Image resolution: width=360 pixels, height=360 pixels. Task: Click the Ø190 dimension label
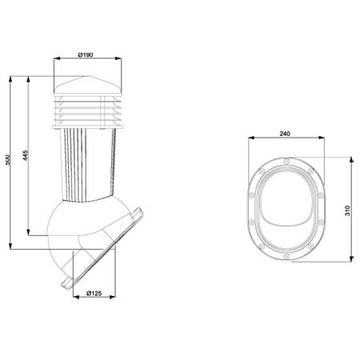click(x=86, y=54)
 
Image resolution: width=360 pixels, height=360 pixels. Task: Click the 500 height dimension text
click(x=8, y=159)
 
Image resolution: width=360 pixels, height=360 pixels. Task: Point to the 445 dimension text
click(x=25, y=155)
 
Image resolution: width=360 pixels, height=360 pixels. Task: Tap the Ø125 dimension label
click(x=94, y=293)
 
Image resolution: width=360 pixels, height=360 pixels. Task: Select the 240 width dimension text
click(x=285, y=134)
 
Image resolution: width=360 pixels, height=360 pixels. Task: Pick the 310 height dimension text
click(x=347, y=210)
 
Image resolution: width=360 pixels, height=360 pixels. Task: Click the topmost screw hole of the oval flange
click(x=286, y=161)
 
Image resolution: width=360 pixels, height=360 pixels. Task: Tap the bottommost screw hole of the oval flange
click(x=286, y=256)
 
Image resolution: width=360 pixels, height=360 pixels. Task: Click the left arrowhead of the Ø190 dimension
click(x=57, y=58)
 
